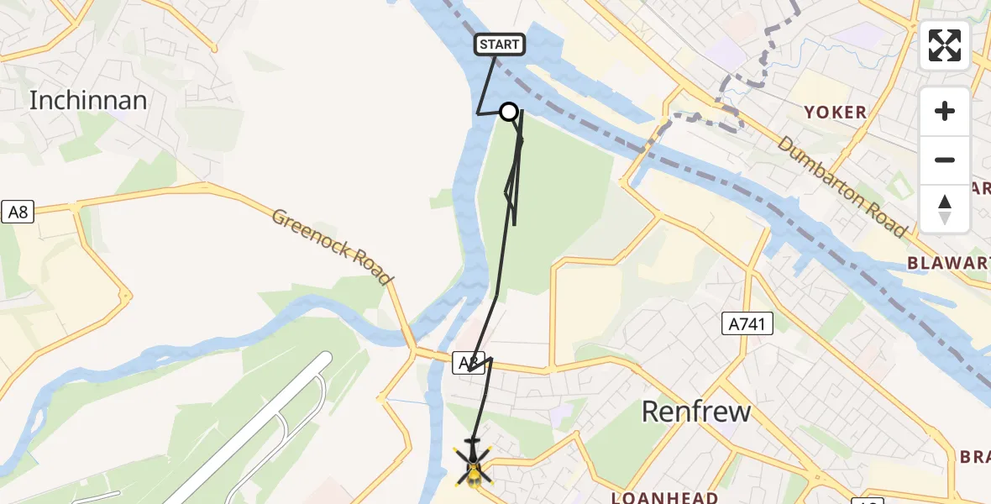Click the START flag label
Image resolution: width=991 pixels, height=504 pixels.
(x=500, y=45)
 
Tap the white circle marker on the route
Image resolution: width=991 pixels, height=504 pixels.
(x=509, y=112)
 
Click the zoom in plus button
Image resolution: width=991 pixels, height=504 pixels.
(x=945, y=111)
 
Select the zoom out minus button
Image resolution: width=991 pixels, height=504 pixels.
(x=945, y=160)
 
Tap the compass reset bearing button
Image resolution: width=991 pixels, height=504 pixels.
(x=945, y=208)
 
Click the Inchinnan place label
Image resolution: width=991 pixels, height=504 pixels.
(x=88, y=101)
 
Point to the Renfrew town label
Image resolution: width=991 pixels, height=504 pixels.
(x=695, y=412)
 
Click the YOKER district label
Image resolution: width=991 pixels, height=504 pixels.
(x=835, y=113)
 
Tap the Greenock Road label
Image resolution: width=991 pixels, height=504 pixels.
(x=333, y=245)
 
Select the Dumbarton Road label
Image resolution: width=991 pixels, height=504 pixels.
(x=842, y=186)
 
